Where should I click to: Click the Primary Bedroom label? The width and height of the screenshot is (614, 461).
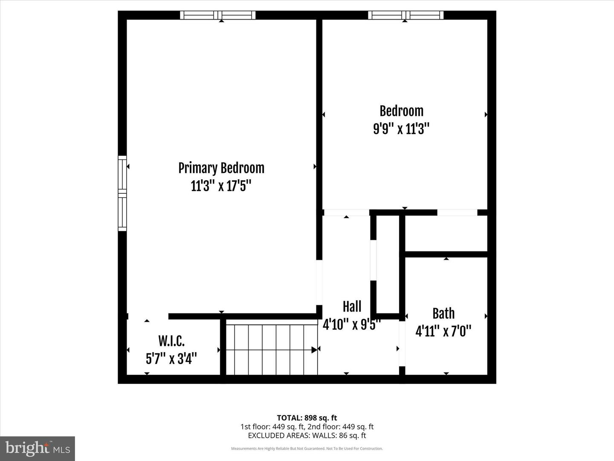[x=221, y=168]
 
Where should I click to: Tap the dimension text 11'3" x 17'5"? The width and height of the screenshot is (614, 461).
[x=221, y=186]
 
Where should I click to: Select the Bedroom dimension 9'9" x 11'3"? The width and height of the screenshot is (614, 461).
[x=401, y=128]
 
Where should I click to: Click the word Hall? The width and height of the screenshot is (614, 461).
[x=352, y=306]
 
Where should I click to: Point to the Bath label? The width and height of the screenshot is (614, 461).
[x=443, y=314]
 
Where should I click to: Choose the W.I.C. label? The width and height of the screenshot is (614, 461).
[x=171, y=341]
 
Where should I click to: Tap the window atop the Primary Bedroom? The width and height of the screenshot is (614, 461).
[x=217, y=15]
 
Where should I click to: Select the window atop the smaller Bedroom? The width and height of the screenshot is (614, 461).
[x=405, y=15]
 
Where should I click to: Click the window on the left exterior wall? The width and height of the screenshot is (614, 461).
[x=122, y=193]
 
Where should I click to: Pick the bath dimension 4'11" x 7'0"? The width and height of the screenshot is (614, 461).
[x=443, y=331]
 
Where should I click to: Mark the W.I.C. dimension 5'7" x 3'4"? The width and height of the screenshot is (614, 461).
[x=171, y=359]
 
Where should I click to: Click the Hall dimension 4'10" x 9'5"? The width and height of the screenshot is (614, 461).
[x=351, y=324]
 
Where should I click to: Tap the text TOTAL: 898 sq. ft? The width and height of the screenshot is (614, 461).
[x=307, y=418]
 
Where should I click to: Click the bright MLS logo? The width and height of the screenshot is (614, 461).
[x=38, y=448]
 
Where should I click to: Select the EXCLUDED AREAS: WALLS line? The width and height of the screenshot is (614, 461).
[x=307, y=435]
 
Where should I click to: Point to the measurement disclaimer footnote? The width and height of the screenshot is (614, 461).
[x=307, y=449]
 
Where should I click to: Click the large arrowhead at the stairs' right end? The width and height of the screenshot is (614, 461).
[x=314, y=350]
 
